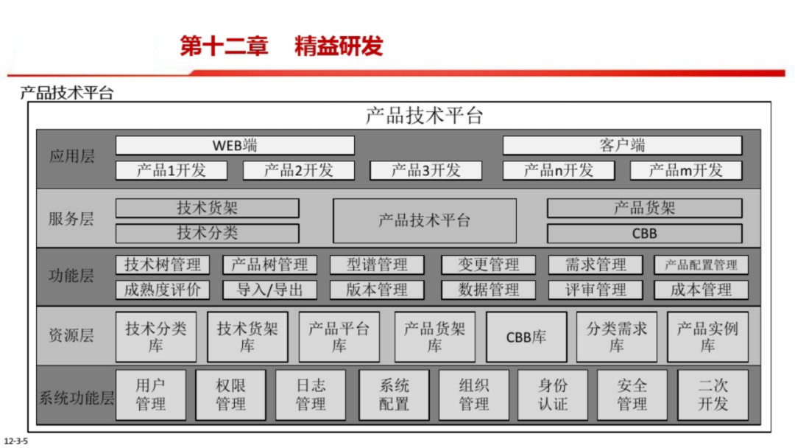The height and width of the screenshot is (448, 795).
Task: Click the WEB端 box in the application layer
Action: point(235,145)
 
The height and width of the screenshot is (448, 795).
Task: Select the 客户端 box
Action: point(622,145)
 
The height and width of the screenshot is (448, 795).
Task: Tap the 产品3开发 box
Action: point(425,170)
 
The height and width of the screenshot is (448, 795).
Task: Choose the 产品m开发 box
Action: point(685,170)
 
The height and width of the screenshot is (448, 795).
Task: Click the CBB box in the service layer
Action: point(644,234)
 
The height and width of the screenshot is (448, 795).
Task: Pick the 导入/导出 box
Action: point(270,290)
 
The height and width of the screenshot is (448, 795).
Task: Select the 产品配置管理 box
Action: point(701,265)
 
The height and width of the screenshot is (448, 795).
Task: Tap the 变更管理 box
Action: point(489,265)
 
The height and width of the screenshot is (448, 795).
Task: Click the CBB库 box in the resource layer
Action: point(526,337)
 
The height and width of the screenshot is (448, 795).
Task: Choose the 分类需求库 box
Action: point(616,337)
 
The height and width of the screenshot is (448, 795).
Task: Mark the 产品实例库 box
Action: point(707,337)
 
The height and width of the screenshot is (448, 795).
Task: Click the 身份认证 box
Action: point(553,394)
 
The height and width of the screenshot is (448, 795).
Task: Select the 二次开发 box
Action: point(713,394)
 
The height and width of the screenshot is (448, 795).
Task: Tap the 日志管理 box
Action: point(311,394)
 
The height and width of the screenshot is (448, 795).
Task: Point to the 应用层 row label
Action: point(72,156)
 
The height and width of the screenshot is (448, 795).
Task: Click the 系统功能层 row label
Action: point(76,399)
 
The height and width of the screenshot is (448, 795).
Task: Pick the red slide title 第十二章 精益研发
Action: point(282,46)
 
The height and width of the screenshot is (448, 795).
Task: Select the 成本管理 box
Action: point(701,290)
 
